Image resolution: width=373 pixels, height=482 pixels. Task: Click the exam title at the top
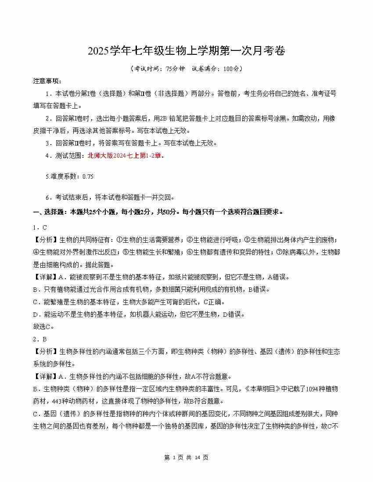(x=186, y=51)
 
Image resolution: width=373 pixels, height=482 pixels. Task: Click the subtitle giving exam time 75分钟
(x=186, y=69)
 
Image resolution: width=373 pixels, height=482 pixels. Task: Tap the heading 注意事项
(x=47, y=81)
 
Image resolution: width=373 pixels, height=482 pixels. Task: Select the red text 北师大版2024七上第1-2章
(x=126, y=155)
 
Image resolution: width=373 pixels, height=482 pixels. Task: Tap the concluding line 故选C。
(x=44, y=326)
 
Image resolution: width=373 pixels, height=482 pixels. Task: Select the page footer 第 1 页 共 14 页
(x=186, y=457)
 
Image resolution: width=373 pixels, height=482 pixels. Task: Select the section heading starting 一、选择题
(x=158, y=212)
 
